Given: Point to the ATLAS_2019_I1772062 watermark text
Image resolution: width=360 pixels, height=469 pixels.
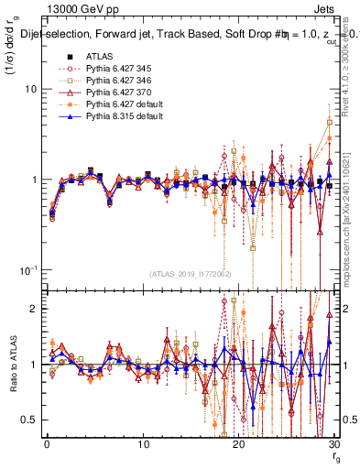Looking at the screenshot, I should [x=189, y=274].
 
